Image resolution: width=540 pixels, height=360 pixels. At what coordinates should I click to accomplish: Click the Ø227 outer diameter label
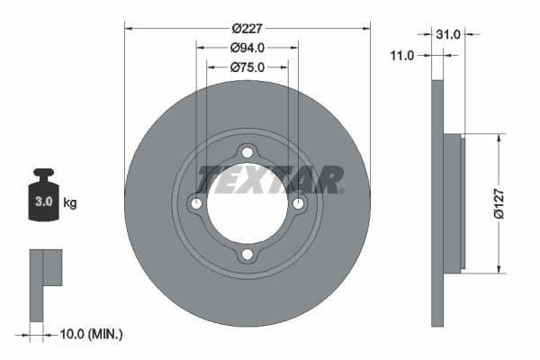[x=247, y=28]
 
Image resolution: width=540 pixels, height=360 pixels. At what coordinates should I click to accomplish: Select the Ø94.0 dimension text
[x=247, y=48]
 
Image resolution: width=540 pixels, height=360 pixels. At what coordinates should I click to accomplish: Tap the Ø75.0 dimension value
[x=247, y=67]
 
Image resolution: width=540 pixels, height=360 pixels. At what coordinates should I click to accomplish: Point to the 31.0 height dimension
[x=447, y=34]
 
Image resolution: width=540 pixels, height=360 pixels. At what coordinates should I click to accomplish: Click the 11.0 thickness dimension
[x=402, y=56]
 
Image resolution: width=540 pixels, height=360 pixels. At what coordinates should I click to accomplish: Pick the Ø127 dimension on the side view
[x=510, y=203]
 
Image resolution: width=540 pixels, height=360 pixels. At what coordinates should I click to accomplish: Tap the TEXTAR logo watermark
[x=270, y=180]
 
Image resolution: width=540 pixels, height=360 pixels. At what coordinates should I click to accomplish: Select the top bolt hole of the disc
[x=247, y=154]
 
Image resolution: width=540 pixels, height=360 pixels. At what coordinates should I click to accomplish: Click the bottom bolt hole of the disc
[x=247, y=256]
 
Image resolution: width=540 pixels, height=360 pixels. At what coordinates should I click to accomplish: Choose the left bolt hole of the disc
[x=196, y=204]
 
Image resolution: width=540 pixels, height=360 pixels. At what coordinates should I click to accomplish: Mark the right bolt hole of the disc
[x=298, y=204]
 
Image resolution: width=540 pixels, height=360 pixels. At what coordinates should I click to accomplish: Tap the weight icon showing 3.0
[x=43, y=195]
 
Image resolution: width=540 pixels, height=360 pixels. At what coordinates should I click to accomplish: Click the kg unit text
[x=70, y=203]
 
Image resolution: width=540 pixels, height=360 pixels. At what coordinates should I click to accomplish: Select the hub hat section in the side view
[x=454, y=203]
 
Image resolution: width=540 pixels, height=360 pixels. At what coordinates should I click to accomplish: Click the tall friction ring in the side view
[x=438, y=203]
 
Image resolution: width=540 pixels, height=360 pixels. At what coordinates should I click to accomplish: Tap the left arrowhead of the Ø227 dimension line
[x=128, y=28]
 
